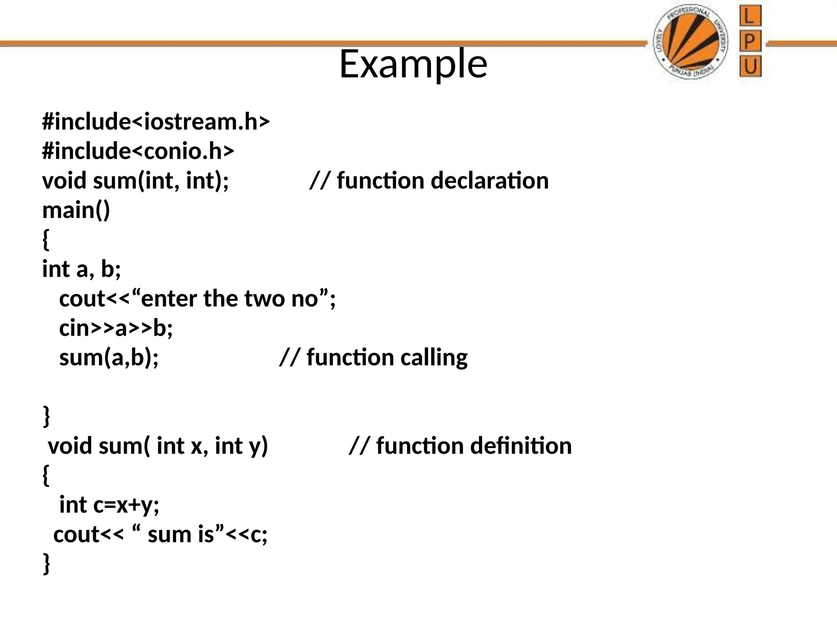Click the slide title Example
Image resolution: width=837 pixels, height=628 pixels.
point(413,64)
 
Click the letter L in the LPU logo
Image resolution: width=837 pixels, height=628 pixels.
point(750,16)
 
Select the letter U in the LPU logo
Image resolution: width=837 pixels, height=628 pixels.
point(750,66)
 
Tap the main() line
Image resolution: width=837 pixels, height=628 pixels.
point(76,210)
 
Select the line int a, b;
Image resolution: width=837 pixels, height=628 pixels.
point(82,269)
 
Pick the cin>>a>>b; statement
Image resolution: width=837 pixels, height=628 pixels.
point(116,328)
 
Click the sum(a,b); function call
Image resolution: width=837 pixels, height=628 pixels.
point(109,357)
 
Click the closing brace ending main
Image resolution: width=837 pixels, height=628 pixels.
point(47,416)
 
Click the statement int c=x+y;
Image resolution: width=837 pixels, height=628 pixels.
point(109,505)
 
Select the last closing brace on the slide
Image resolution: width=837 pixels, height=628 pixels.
point(47,563)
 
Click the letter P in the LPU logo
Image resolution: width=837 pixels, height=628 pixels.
point(750,41)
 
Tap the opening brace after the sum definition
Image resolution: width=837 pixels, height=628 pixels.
point(46,475)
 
